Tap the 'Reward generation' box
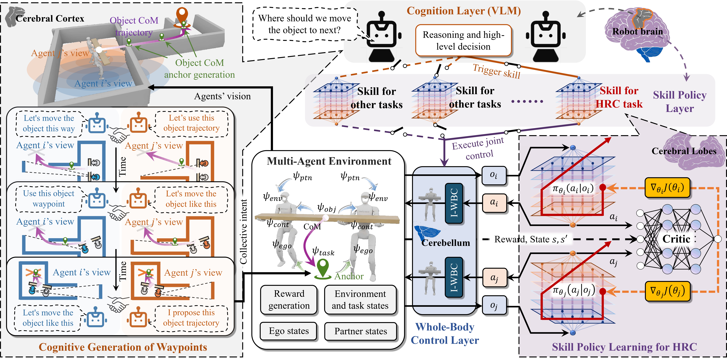289,300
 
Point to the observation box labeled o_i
494,175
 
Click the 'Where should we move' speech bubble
305,24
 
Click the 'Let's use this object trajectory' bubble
191,123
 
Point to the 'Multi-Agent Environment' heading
329,161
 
